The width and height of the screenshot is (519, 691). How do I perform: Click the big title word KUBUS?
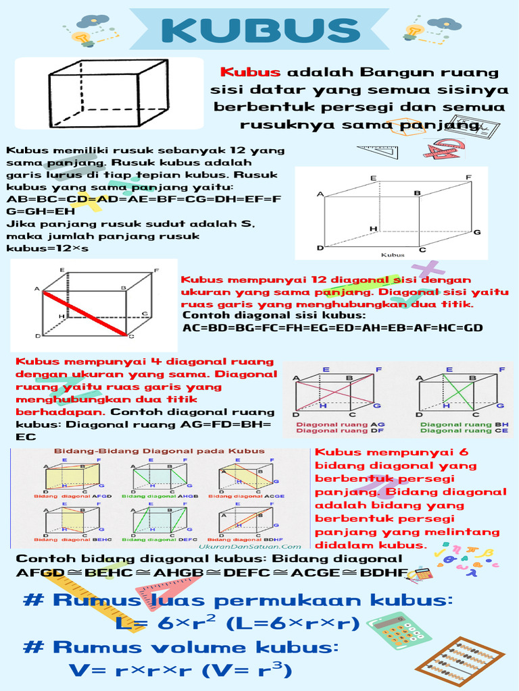click(x=259, y=30)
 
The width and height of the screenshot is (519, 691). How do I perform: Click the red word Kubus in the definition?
click(x=250, y=73)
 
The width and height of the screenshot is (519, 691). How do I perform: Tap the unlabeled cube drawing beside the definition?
click(x=108, y=93)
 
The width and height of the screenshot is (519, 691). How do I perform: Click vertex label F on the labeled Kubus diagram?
click(x=468, y=177)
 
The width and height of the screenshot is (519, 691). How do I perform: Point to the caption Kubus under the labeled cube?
click(x=393, y=255)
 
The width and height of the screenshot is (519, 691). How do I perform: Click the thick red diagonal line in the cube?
click(x=86, y=314)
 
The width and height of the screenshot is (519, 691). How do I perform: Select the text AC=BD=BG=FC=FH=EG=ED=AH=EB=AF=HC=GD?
click(x=332, y=328)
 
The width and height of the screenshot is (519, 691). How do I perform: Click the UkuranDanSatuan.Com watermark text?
click(x=250, y=547)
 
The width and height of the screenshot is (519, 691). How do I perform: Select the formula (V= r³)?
click(x=253, y=670)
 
